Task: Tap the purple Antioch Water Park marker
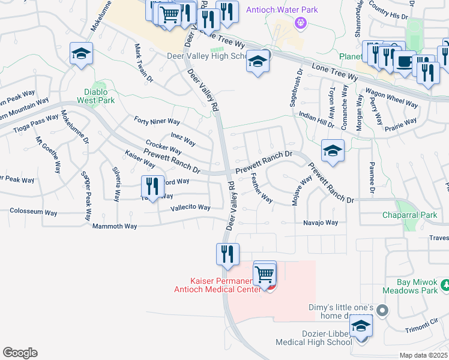(x=301, y=23)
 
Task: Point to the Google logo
(x=20, y=353)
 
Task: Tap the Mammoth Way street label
(x=115, y=226)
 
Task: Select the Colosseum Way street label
(x=34, y=211)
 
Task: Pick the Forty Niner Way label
(x=157, y=121)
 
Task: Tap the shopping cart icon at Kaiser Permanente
(x=265, y=274)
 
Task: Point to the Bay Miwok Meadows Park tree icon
(x=445, y=283)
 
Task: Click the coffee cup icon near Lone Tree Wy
(x=405, y=62)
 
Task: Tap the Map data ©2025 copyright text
(x=423, y=355)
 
